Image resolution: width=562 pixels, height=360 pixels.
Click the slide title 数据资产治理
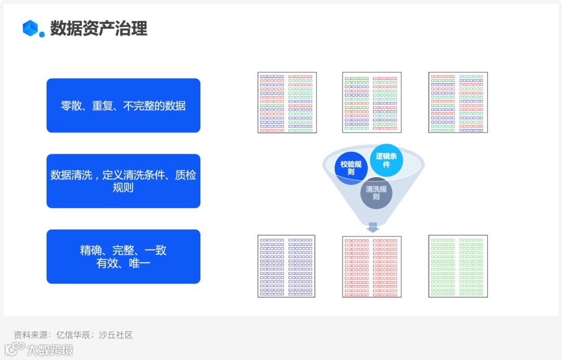pyautogui.click(x=98, y=28)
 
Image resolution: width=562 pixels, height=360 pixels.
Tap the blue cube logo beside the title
pyautogui.click(x=32, y=29)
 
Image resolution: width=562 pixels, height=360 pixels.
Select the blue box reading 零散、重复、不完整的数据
pyautogui.click(x=123, y=106)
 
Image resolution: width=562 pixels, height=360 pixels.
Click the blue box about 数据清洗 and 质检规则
pyautogui.click(x=123, y=181)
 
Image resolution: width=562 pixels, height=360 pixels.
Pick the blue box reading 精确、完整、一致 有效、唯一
pyautogui.click(x=123, y=256)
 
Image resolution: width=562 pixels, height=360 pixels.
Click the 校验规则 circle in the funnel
pyautogui.click(x=351, y=168)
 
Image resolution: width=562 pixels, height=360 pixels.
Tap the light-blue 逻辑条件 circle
pyautogui.click(x=387, y=160)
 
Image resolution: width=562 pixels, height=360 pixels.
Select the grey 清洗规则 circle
pyautogui.click(x=376, y=193)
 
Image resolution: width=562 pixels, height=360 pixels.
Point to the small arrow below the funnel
pyautogui.click(x=373, y=227)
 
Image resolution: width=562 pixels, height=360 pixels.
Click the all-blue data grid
pyautogui.click(x=287, y=266)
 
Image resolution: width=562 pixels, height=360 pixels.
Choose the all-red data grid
pyautogui.click(x=372, y=266)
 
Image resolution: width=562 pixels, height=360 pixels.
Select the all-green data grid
pyautogui.click(x=458, y=266)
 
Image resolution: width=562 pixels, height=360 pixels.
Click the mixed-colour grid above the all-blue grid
pyautogui.click(x=287, y=102)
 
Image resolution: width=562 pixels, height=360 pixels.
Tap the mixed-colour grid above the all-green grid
pyautogui.click(x=458, y=102)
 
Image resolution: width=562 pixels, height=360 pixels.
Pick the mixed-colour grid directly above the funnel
pyautogui.click(x=372, y=102)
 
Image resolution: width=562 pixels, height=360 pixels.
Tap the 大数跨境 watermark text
pyautogui.click(x=50, y=350)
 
